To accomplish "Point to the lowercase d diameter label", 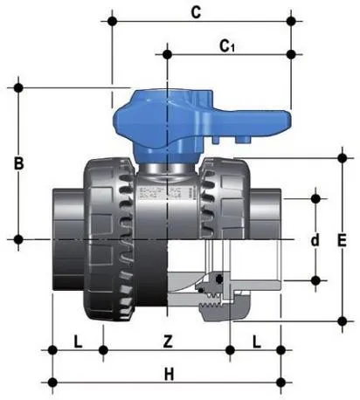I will pos(315,239).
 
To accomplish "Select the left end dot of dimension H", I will pos(54,381).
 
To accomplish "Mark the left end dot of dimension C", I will pos(111,18).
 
